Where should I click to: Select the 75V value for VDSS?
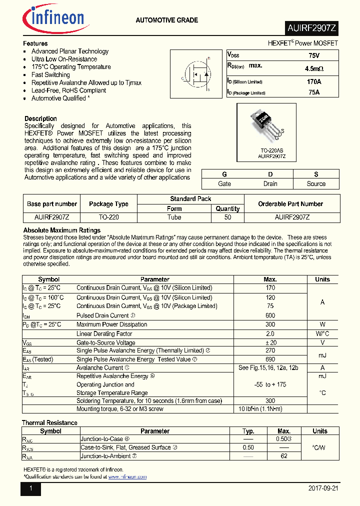coord(314,55)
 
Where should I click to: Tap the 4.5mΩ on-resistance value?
coord(314,68)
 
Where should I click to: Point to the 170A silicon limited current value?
coord(314,81)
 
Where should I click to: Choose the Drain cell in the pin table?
coord(270,183)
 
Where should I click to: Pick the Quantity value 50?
coord(227,217)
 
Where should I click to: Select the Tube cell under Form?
coord(174,217)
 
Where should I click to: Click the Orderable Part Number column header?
coord(290,204)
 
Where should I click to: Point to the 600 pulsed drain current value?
coord(270,315)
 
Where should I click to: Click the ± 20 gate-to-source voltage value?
coord(270,342)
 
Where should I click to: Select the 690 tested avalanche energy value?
coord(270,359)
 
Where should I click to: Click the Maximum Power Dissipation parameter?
coord(111,324)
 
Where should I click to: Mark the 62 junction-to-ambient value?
coord(283,456)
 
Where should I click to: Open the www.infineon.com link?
coord(127,477)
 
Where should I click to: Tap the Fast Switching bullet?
coord(50,75)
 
